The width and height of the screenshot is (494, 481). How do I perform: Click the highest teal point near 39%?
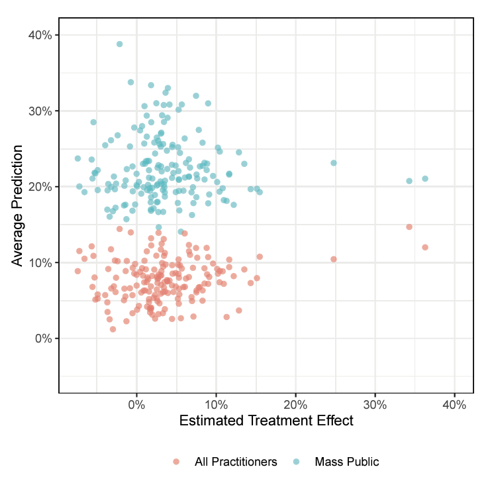(x=120, y=44)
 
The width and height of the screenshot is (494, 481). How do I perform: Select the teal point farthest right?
(x=425, y=179)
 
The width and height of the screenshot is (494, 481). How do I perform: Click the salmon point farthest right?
(x=425, y=247)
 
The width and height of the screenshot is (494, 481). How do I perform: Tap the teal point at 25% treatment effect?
(x=334, y=163)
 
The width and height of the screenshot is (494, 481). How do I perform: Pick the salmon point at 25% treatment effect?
(x=334, y=259)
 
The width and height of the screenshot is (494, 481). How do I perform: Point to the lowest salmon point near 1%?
(x=113, y=329)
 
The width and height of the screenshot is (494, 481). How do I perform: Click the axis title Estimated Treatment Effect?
(x=266, y=421)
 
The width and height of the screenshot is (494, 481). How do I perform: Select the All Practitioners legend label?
(x=236, y=462)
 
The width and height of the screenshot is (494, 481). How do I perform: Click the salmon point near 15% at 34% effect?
(x=409, y=227)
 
